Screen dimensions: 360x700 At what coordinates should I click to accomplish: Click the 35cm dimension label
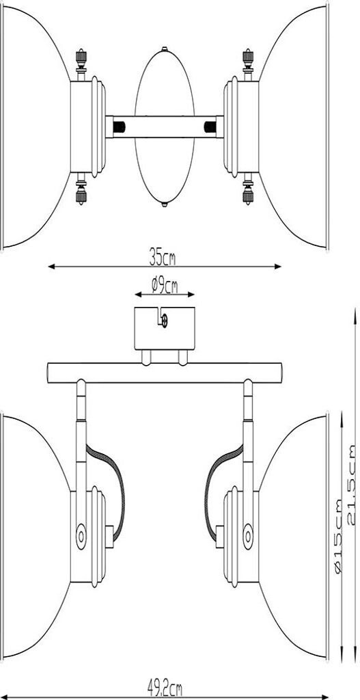point(162,258)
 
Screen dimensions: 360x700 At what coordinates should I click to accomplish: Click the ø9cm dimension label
point(164,285)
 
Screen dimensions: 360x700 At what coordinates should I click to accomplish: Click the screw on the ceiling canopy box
point(164,321)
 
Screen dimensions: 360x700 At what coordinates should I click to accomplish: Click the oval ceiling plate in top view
point(165,126)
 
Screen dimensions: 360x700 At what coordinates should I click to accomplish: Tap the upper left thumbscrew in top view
point(81,62)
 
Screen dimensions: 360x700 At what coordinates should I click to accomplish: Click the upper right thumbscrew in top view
point(248,62)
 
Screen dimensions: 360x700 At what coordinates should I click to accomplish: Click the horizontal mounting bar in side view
point(165,373)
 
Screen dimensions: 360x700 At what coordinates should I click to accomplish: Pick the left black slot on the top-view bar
point(119,127)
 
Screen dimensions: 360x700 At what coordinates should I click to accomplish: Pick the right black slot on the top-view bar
point(210,127)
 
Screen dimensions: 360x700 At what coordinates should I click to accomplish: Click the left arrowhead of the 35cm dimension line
point(51,267)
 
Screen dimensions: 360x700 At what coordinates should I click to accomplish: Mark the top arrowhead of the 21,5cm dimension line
point(355,311)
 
